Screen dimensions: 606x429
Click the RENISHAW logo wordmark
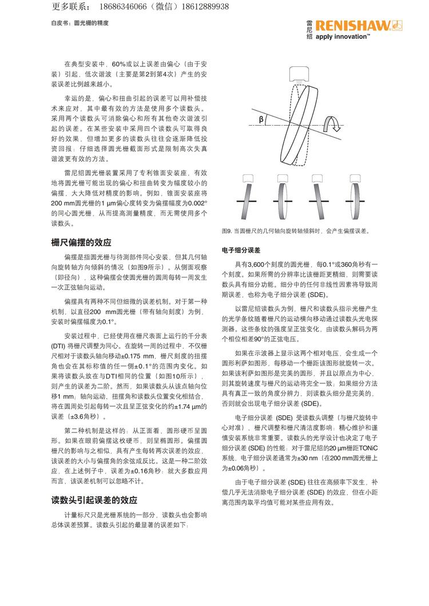tap(354, 25)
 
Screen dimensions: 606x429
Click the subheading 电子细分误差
tap(241, 250)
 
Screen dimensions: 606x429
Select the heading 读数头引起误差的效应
tap(94, 500)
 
